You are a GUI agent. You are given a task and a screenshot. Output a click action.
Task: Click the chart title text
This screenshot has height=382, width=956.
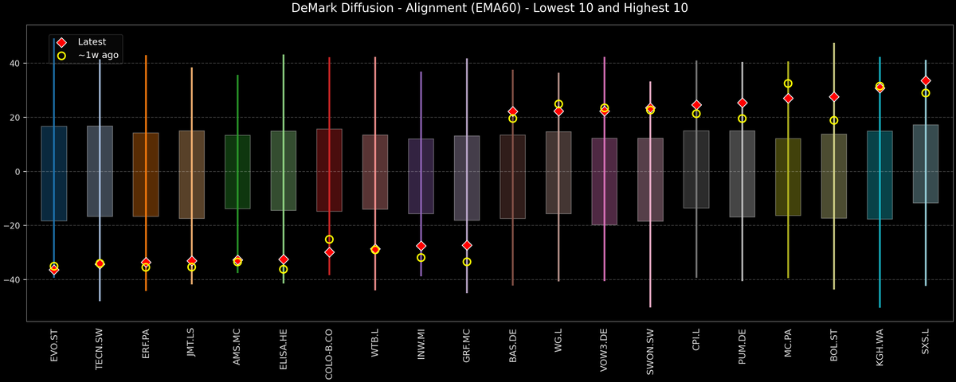click(x=478, y=9)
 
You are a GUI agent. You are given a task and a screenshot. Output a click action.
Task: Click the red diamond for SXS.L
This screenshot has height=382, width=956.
click(x=926, y=81)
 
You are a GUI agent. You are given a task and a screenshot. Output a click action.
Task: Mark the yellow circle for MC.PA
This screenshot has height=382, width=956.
click(x=788, y=84)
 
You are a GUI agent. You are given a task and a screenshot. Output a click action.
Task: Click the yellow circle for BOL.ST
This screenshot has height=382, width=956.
click(x=834, y=120)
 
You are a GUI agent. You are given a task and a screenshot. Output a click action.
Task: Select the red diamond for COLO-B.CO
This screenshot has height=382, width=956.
click(x=329, y=252)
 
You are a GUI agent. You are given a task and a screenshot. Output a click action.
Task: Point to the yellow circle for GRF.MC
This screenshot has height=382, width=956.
click(x=467, y=262)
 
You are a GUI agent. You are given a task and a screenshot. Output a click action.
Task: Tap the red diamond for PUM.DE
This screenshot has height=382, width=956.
click(x=742, y=103)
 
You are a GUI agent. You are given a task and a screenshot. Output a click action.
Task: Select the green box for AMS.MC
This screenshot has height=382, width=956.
click(x=237, y=172)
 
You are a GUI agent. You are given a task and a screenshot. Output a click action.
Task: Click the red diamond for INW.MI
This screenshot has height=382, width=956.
click(x=421, y=246)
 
